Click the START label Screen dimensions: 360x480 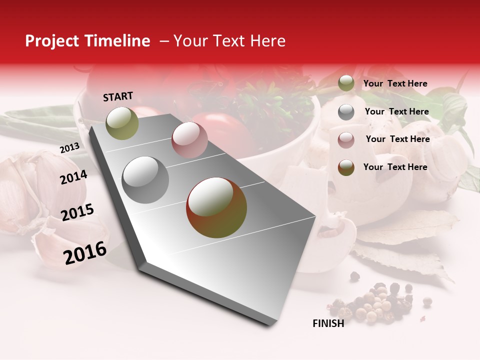click(x=118, y=96)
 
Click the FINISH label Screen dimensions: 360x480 click(x=328, y=323)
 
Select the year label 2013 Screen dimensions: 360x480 click(x=69, y=148)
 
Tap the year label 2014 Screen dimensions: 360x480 click(x=73, y=177)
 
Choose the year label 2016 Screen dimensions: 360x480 click(x=85, y=252)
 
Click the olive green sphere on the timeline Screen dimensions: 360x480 click(x=122, y=123)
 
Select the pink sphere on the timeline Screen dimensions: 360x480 click(x=189, y=140)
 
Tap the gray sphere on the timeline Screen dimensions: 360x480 click(x=145, y=179)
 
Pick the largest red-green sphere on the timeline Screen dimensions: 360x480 click(x=216, y=207)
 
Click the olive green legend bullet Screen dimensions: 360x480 click(x=346, y=83)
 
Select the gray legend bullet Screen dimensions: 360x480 click(x=346, y=112)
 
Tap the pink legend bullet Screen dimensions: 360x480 click(x=346, y=140)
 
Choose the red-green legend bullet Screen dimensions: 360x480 click(x=346, y=167)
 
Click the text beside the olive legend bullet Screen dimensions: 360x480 click(x=395, y=83)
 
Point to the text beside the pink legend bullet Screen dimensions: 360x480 click(x=397, y=139)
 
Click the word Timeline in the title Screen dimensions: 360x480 click(x=116, y=41)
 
